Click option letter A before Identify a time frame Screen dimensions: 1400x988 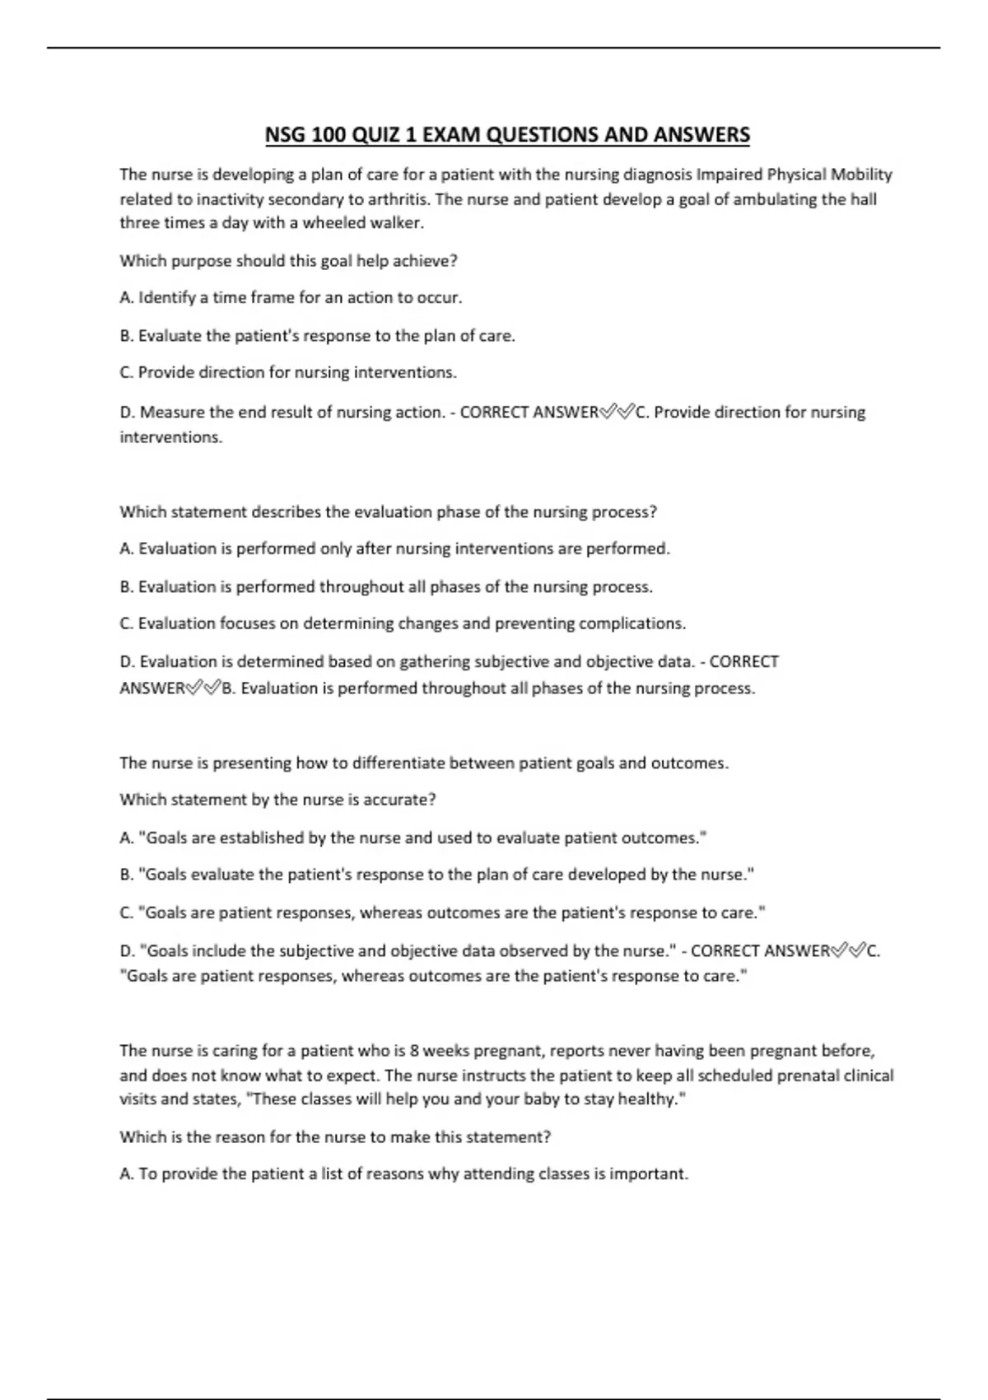pos(126,298)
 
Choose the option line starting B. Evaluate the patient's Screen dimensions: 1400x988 pos(317,336)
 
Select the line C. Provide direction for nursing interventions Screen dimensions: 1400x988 pos(288,373)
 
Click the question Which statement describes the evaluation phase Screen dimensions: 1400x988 pos(388,512)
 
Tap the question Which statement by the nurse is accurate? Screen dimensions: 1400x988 pos(277,800)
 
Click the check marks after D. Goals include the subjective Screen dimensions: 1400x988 pos(849,951)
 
